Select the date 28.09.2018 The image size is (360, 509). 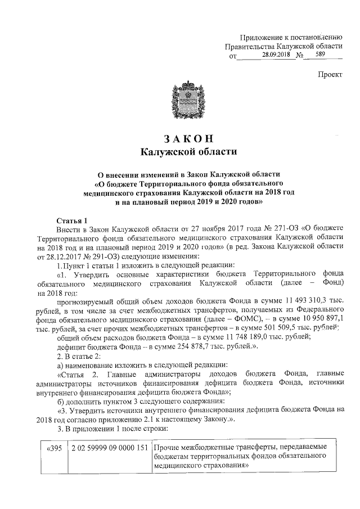(276, 56)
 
